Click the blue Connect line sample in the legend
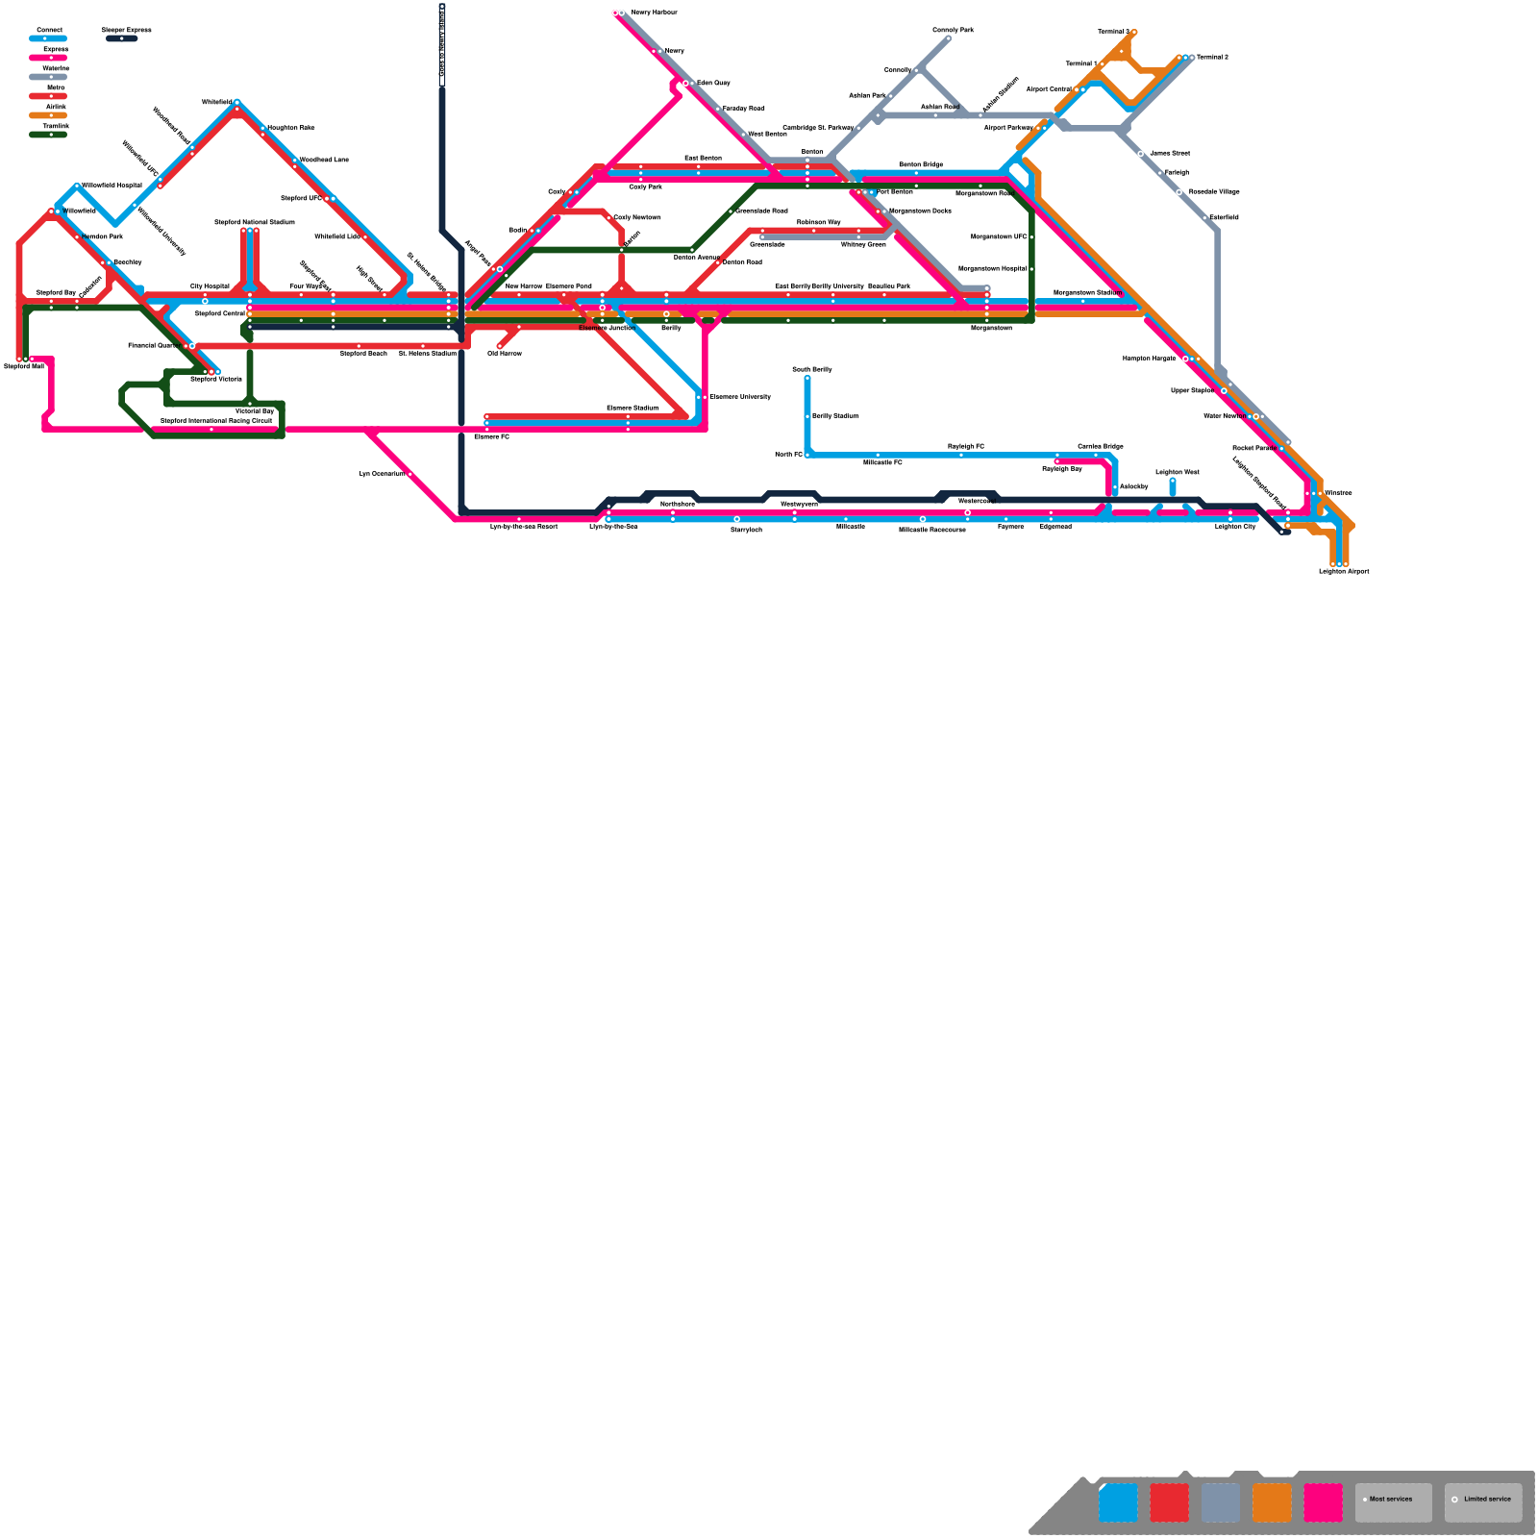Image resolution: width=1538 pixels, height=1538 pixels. (48, 38)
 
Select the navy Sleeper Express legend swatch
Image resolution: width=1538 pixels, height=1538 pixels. (122, 38)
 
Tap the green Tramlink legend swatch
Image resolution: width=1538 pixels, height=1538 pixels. (48, 135)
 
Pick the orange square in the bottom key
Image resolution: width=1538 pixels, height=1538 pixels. (1272, 1502)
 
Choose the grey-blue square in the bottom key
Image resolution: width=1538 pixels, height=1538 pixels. (1221, 1502)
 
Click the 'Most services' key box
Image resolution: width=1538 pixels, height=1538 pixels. (1393, 1502)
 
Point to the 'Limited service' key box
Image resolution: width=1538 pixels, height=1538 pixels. (1482, 1502)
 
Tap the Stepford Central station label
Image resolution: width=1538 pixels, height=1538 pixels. (220, 313)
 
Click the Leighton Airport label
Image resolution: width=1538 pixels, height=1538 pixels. (1344, 572)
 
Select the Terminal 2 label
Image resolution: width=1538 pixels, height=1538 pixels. (1212, 58)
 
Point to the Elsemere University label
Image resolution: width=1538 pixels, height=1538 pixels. (740, 397)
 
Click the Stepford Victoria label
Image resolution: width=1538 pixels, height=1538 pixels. (216, 380)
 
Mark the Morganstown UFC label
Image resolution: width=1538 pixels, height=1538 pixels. (999, 236)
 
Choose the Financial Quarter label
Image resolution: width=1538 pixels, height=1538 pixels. (154, 345)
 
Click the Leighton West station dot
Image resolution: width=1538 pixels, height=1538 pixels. (1173, 481)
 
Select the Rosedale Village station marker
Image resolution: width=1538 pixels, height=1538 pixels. (1179, 192)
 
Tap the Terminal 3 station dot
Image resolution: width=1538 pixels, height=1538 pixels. (1134, 32)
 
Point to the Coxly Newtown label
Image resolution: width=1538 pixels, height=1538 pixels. (637, 218)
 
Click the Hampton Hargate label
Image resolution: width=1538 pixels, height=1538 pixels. (1149, 359)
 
